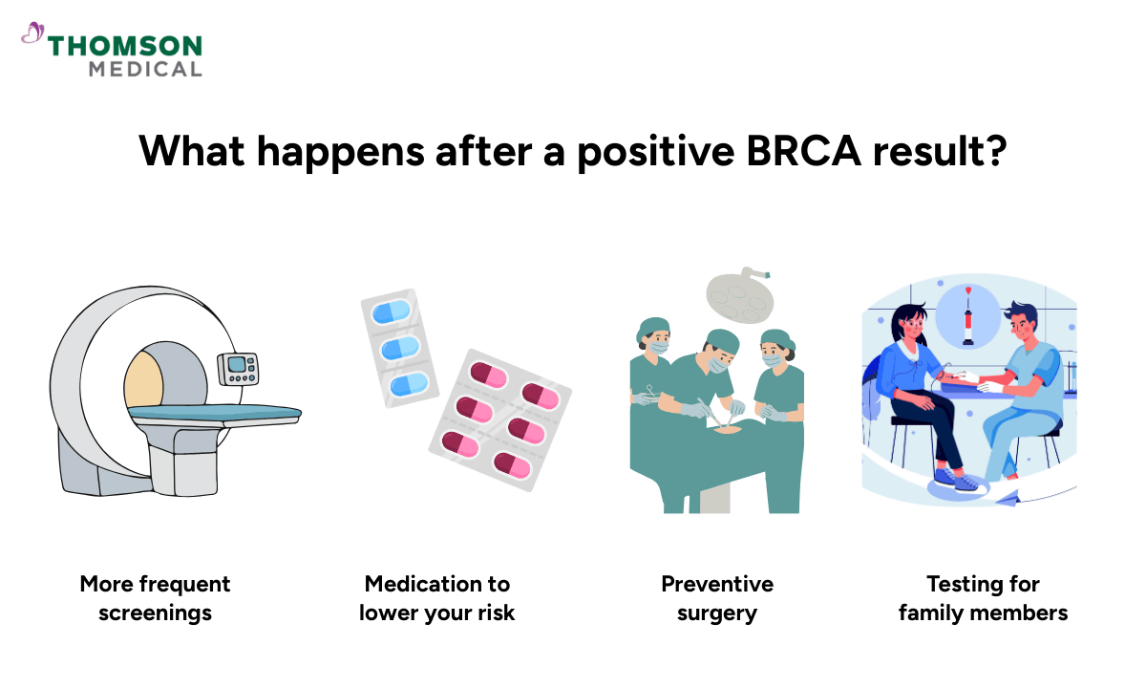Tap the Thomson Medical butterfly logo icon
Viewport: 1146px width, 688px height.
[32, 35]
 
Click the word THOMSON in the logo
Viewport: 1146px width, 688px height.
[125, 45]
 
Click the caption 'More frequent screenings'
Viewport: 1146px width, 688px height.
[155, 598]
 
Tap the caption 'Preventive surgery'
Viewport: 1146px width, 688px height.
[717, 598]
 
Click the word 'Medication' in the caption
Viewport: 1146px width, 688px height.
[437, 584]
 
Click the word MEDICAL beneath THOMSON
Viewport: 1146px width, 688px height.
[145, 69]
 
